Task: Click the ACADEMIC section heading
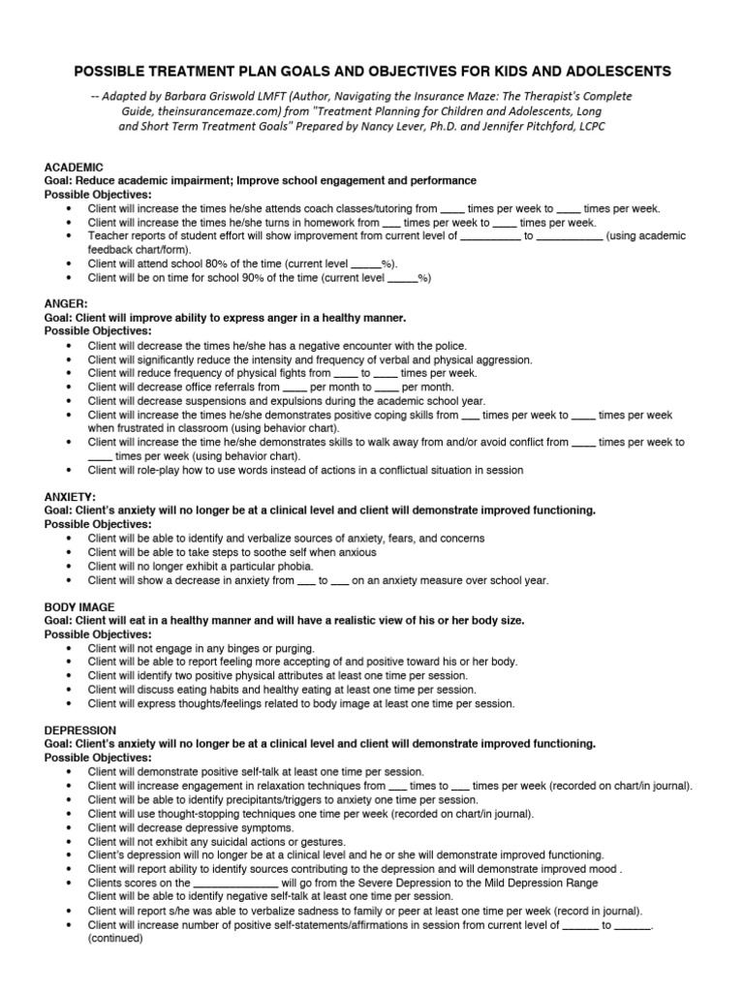(75, 168)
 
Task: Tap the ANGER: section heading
(67, 304)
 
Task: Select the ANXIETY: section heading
(71, 497)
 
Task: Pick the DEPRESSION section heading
(80, 729)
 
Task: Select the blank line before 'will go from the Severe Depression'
(235, 883)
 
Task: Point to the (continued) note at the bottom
(115, 938)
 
